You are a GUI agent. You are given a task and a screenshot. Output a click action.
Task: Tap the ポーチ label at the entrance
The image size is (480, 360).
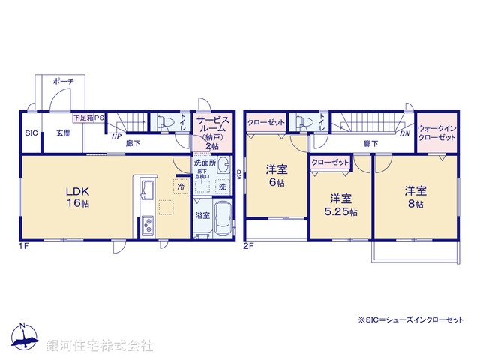(63, 81)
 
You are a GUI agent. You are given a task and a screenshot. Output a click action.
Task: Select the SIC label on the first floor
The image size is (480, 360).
(31, 133)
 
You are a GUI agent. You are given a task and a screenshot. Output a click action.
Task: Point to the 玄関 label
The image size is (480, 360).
(62, 133)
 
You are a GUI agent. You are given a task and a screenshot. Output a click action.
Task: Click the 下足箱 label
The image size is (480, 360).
(82, 118)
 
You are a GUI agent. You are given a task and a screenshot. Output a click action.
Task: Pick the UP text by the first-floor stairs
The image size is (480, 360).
(116, 137)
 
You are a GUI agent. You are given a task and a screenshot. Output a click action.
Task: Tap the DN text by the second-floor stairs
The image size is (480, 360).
(403, 134)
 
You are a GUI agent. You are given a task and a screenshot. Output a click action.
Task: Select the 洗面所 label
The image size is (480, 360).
(205, 163)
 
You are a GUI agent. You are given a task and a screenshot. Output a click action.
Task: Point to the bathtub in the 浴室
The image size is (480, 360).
(222, 219)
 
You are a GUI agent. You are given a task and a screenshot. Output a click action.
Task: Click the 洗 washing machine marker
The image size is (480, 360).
(222, 185)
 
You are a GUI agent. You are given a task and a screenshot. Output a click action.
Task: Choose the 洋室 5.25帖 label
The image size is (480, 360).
(341, 205)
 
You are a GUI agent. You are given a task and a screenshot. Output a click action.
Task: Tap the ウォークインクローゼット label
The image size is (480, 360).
(436, 133)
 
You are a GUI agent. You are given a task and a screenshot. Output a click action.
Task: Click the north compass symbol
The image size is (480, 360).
(24, 338)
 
